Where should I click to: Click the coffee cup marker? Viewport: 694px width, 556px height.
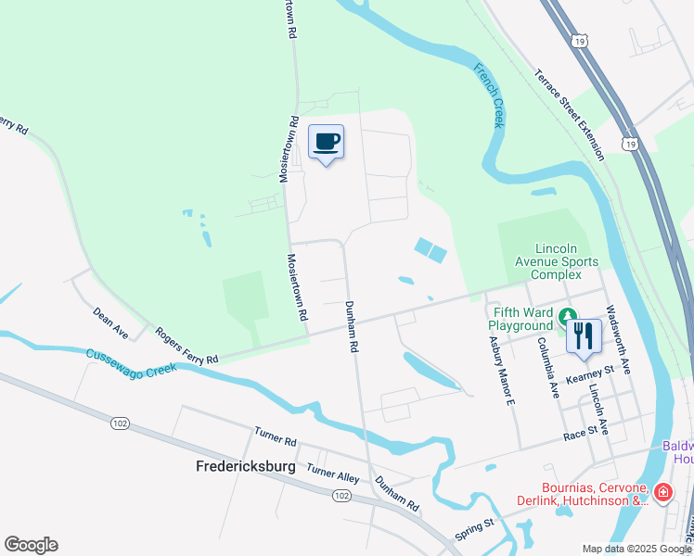[326, 143]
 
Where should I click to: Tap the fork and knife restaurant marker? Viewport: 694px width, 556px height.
[584, 335]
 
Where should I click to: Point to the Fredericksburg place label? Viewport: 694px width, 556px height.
[245, 466]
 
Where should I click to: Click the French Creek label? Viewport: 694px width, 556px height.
[489, 95]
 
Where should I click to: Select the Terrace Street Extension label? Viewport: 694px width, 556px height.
[569, 114]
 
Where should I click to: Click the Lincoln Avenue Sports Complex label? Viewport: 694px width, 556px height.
[560, 261]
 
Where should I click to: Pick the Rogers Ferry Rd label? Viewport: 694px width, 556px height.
[186, 346]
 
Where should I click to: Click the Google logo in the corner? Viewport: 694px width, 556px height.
[31, 545]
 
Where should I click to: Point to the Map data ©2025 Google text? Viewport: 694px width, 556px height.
[636, 549]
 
